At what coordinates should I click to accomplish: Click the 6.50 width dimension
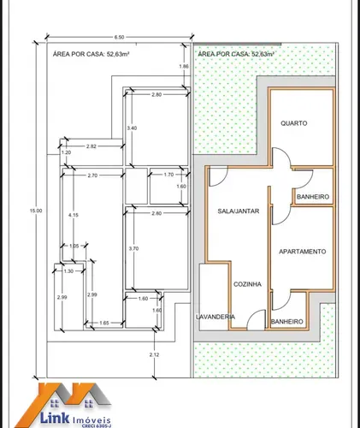coord(119,37)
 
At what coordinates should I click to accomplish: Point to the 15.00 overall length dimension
coord(36,211)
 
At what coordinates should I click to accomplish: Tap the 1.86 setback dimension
coord(184,66)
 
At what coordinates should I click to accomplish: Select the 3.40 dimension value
coord(132,128)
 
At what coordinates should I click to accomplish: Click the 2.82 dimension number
coord(91,146)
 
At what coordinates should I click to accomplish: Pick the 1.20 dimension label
coord(66,152)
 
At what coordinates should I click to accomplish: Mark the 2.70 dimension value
coord(92,175)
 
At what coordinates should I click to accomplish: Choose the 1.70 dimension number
coord(168,175)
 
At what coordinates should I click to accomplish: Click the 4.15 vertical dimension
coord(74,215)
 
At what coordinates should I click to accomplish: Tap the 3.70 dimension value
coord(133,248)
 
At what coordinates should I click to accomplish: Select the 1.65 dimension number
coord(104,323)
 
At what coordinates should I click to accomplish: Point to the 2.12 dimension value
coord(154,354)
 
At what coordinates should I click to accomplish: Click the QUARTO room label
coord(294,123)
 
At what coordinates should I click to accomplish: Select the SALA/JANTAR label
coord(239,211)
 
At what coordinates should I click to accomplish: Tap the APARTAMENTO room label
coord(303,252)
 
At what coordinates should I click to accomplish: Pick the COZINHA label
coord(247,284)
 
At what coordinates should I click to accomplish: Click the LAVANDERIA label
coord(215,317)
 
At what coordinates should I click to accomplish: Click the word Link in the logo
coord(55,418)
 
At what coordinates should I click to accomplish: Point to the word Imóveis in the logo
coord(91,419)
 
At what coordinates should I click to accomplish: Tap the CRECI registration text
coord(96,426)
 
